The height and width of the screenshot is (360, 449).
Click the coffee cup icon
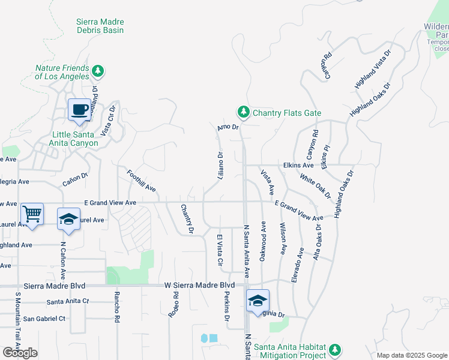point(79,110)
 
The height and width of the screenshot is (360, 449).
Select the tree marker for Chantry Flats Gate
point(243,112)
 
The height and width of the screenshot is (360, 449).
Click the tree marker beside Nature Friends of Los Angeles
point(98,72)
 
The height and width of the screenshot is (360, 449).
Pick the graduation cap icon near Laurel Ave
point(69,219)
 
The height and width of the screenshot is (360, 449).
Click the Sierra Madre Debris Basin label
point(100,26)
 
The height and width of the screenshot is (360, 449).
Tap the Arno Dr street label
point(228,127)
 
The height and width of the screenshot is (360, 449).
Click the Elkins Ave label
point(295,165)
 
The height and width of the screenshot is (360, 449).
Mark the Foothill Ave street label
point(142,181)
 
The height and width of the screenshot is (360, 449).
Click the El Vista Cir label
point(220,251)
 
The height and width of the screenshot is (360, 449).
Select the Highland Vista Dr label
point(373,69)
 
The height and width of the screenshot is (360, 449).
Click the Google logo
point(20,353)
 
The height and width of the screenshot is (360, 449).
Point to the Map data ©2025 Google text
point(411,355)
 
